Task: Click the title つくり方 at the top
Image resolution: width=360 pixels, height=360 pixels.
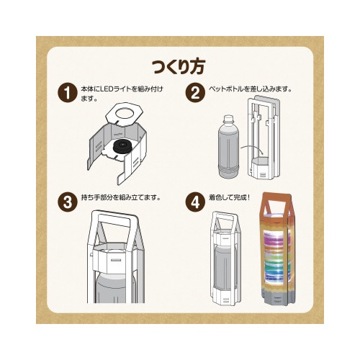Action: coord(179,68)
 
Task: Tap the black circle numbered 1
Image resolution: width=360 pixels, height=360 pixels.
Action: coord(67,93)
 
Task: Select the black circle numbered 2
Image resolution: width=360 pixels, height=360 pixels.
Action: coord(194,93)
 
